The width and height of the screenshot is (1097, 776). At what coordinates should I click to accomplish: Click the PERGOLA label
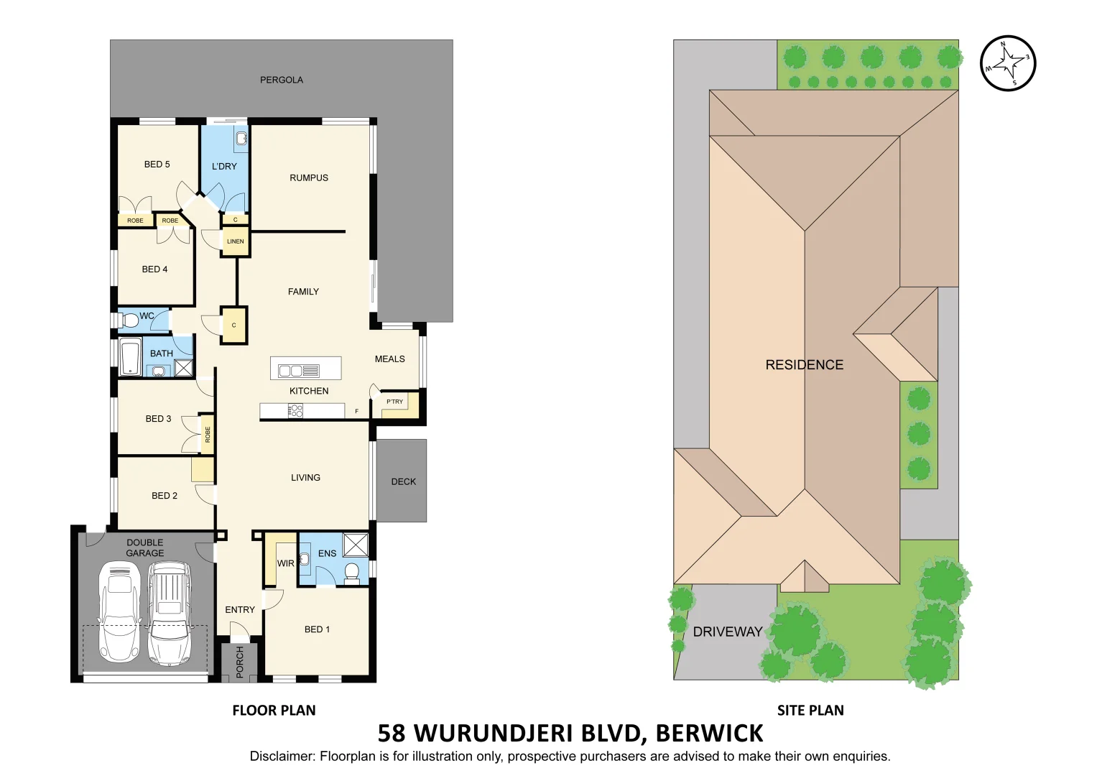point(282,80)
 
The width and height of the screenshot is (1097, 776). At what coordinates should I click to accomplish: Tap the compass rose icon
point(1008,63)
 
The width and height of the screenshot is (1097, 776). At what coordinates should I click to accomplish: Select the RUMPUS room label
point(309,177)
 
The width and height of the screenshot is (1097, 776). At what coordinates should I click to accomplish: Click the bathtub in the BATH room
point(131,357)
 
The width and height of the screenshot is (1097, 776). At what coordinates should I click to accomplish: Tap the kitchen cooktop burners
point(295,410)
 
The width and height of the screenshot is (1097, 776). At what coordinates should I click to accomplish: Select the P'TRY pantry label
point(394,402)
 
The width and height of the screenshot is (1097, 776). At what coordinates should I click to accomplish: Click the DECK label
point(403,481)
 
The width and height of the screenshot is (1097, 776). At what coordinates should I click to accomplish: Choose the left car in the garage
point(119,611)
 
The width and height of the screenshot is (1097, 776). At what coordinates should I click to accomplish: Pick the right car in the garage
point(170,612)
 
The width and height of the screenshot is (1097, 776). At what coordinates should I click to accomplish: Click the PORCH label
point(240,662)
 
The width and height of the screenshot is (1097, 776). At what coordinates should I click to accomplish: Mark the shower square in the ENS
point(356,545)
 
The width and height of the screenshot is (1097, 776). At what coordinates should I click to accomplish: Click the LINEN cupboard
point(236,241)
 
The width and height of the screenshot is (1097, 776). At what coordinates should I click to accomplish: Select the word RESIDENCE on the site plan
point(804,365)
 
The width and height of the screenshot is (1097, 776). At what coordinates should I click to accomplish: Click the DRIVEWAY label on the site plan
point(727,632)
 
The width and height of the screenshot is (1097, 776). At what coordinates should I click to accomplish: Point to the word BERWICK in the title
point(709,733)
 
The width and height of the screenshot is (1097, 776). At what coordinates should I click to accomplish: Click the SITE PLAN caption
point(810,710)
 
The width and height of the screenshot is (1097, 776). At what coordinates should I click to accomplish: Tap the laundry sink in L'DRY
point(241,139)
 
